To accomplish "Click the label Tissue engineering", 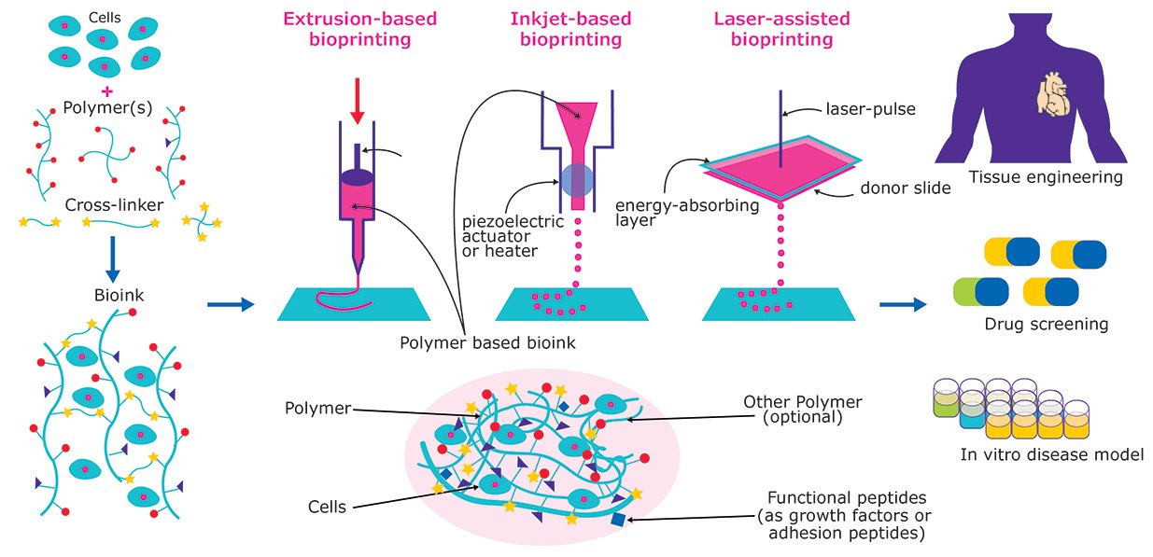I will [x=1045, y=176].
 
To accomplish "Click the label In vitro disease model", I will [x=1051, y=455].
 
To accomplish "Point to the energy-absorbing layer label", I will [x=686, y=213].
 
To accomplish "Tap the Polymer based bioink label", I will [x=486, y=342].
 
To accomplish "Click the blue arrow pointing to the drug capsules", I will [x=903, y=304].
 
